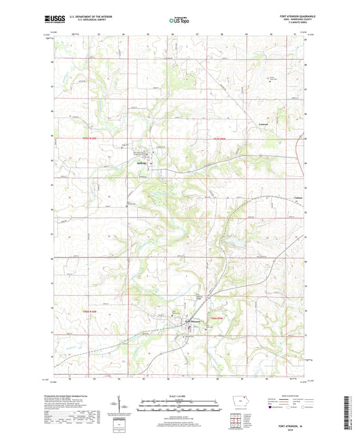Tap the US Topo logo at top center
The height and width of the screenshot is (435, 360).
(179, 21)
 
